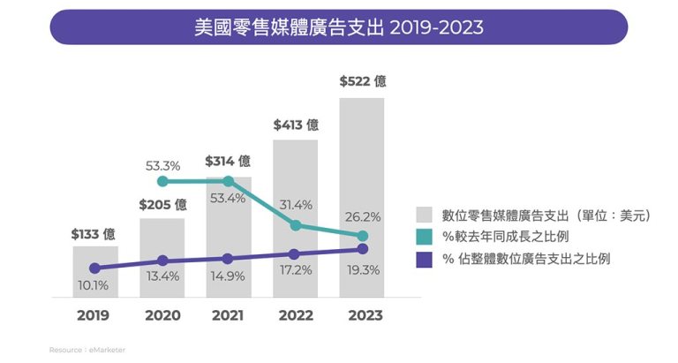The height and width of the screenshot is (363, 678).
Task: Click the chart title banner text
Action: [x=338, y=27]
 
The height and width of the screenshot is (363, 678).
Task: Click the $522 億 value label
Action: [x=362, y=81]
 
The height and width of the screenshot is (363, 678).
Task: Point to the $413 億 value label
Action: [x=296, y=125]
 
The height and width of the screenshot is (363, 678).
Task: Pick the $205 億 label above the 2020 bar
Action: [x=162, y=204]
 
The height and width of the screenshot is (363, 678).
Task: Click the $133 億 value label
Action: [x=95, y=235]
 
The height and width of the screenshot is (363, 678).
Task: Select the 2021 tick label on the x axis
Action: [x=228, y=314]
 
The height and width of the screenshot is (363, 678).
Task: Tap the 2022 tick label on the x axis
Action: [x=295, y=314]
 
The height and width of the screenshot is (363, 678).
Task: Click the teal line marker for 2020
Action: [x=162, y=181]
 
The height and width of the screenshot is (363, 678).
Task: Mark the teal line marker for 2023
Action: [x=362, y=236]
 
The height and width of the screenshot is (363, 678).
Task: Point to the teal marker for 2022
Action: [x=296, y=225]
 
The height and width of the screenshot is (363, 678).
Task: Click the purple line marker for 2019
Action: [x=95, y=268]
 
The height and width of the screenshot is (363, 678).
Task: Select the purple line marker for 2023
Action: [x=362, y=249]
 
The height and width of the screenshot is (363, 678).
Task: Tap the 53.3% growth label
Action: [x=162, y=165]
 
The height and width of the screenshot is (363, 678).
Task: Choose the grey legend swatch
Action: [x=425, y=215]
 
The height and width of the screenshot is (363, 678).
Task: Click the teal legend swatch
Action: [x=425, y=237]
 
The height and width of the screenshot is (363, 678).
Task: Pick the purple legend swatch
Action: [x=425, y=259]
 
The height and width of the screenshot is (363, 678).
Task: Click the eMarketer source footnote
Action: [x=87, y=350]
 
